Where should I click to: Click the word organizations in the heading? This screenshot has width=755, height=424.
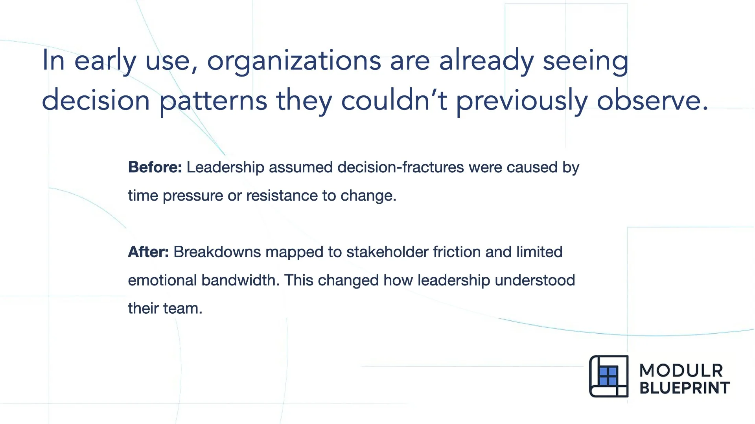click(294, 62)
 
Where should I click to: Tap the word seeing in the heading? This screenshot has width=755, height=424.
click(585, 62)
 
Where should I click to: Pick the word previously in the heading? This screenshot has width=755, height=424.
click(522, 101)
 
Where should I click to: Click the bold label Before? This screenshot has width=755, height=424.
click(155, 167)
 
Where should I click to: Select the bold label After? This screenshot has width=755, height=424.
click(148, 252)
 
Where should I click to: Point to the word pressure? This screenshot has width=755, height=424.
click(193, 196)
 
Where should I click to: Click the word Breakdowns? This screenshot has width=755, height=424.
click(217, 252)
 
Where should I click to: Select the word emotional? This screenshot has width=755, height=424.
click(162, 280)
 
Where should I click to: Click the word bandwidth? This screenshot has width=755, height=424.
click(239, 280)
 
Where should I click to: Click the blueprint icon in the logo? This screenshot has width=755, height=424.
click(608, 376)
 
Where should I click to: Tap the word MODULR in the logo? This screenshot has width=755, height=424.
click(681, 371)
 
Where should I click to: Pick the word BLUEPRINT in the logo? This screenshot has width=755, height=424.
click(685, 388)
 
